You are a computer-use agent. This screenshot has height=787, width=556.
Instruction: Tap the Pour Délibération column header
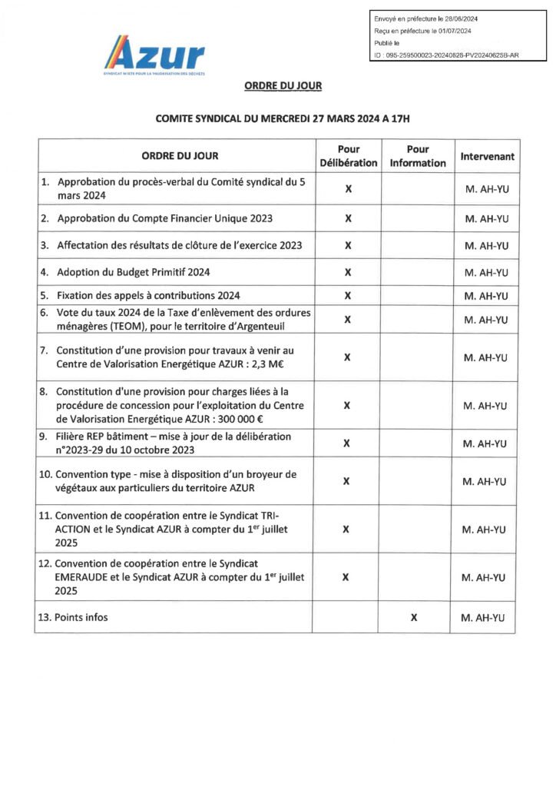(x=348, y=156)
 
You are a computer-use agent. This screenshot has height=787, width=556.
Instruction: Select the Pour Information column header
(x=417, y=156)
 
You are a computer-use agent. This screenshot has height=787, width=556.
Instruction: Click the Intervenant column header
(x=487, y=157)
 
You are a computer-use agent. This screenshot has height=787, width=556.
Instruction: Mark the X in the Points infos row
(x=414, y=617)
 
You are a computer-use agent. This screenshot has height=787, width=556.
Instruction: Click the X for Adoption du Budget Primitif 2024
(x=348, y=272)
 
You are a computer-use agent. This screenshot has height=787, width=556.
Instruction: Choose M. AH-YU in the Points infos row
(x=487, y=617)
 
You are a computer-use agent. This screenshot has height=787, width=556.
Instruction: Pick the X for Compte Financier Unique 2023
(x=348, y=218)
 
